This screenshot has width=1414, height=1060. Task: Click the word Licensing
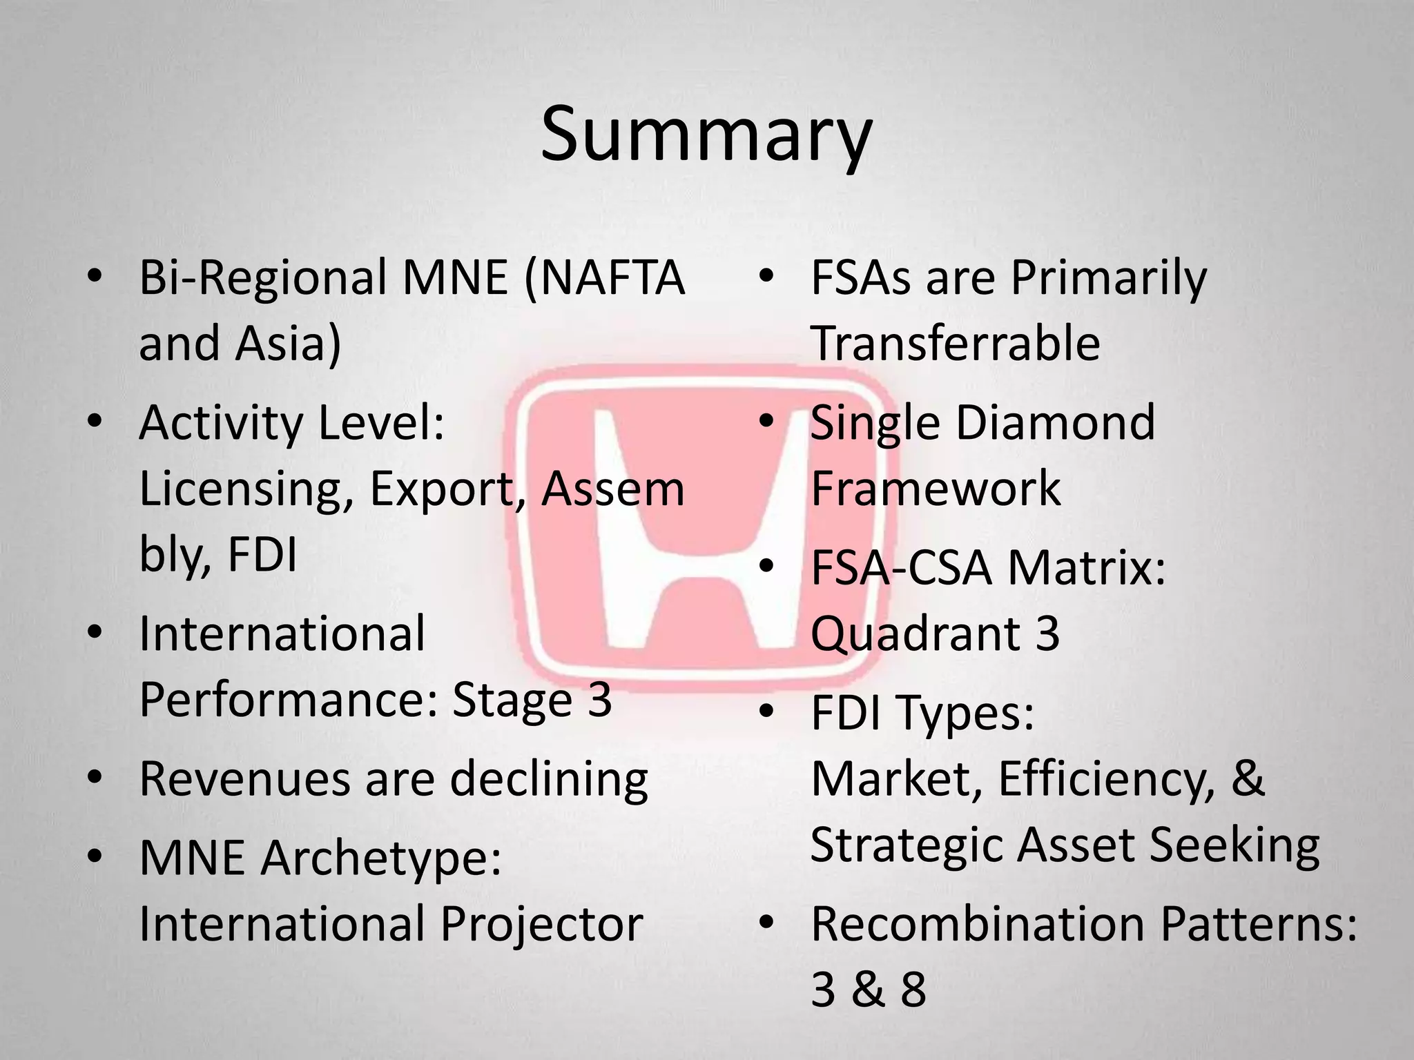click(242, 490)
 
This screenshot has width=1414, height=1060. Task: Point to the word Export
click(449, 490)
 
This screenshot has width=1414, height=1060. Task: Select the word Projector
click(542, 924)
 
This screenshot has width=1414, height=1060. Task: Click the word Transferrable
click(956, 343)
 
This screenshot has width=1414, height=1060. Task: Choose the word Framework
click(936, 489)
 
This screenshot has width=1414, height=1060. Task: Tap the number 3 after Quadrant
click(1047, 634)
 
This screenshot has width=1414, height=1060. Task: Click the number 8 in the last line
click(913, 990)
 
